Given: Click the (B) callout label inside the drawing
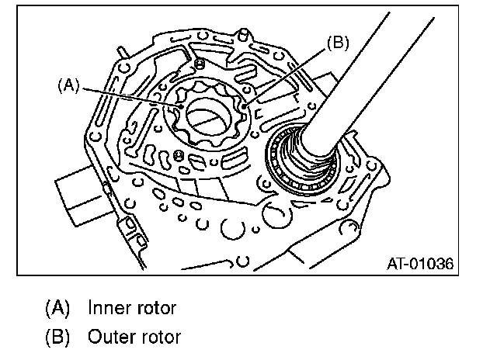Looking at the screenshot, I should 337,43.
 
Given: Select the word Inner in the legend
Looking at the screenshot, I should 109,308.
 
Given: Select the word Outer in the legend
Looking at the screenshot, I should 110,337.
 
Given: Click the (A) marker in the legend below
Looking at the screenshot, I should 57,308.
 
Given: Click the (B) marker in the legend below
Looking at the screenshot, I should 57,337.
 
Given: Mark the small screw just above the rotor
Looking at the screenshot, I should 200,63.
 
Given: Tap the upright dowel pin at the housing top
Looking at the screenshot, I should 244,33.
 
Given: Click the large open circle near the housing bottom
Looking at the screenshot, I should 233,230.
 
